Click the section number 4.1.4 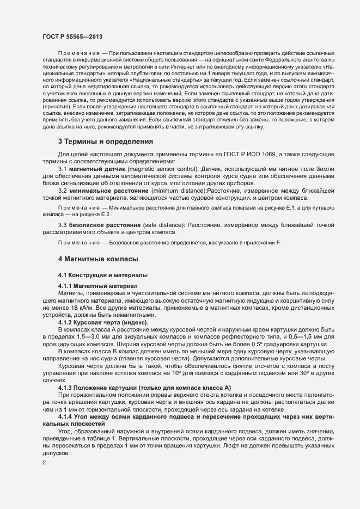[x=66, y=416]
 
